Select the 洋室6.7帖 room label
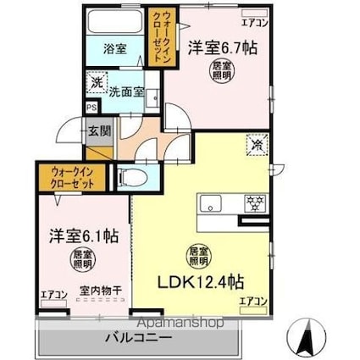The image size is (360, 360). tap(222, 48)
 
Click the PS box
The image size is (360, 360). tap(90, 107)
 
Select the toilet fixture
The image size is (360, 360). tap(128, 177)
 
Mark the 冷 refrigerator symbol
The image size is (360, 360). tap(253, 145)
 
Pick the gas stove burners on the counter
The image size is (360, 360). tap(252, 203)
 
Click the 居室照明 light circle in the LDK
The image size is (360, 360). tap(197, 253)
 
